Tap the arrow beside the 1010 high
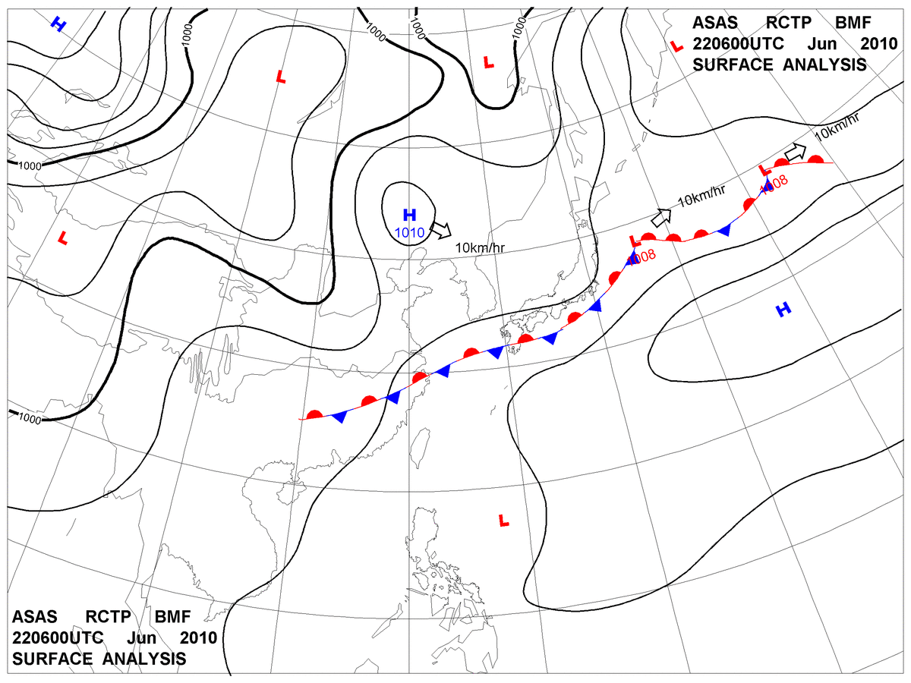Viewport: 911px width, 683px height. [x=440, y=228]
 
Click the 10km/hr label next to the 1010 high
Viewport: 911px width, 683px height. [x=481, y=248]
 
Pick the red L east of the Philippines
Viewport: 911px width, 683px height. [x=503, y=521]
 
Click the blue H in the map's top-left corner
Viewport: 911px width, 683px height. [x=58, y=25]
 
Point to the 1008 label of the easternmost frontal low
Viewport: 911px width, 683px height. [x=775, y=184]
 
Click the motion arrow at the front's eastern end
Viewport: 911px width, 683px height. [x=794, y=152]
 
